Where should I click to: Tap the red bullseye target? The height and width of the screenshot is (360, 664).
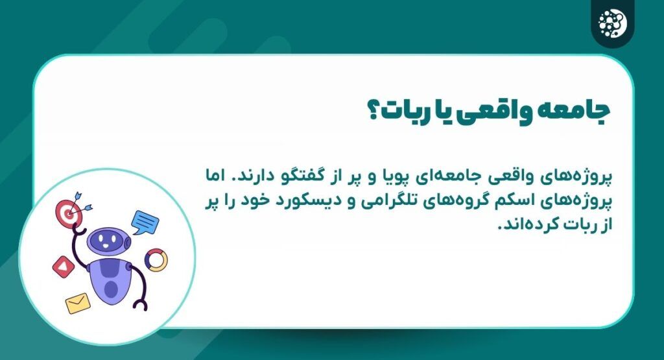[68, 210]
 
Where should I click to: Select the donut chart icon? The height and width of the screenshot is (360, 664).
[156, 260]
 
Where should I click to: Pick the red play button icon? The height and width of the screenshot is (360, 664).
[63, 265]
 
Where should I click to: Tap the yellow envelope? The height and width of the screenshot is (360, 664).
[77, 302]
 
